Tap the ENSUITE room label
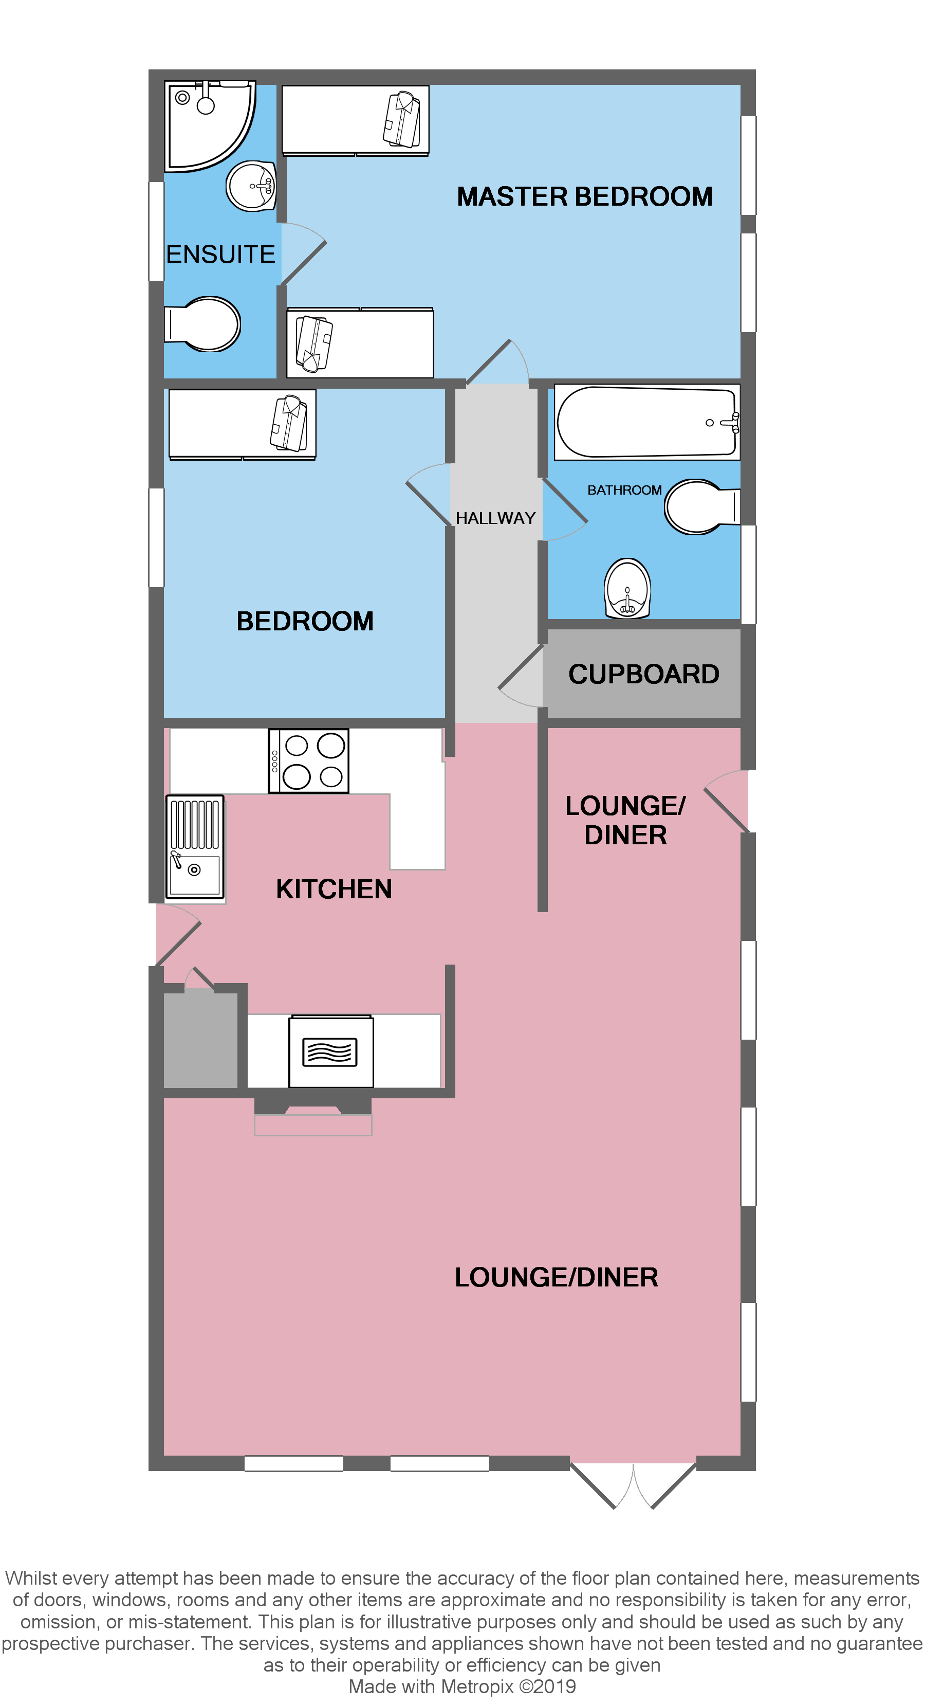pos(220,254)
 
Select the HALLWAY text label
pos(495,518)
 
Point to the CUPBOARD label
pos(643,675)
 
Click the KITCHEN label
pos(334,889)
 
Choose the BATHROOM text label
pos(624,491)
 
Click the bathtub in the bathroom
pos(646,422)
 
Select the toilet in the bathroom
pos(698,507)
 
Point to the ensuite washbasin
pos(251,186)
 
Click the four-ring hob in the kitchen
pos(308,760)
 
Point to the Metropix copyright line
pos(462,1687)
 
